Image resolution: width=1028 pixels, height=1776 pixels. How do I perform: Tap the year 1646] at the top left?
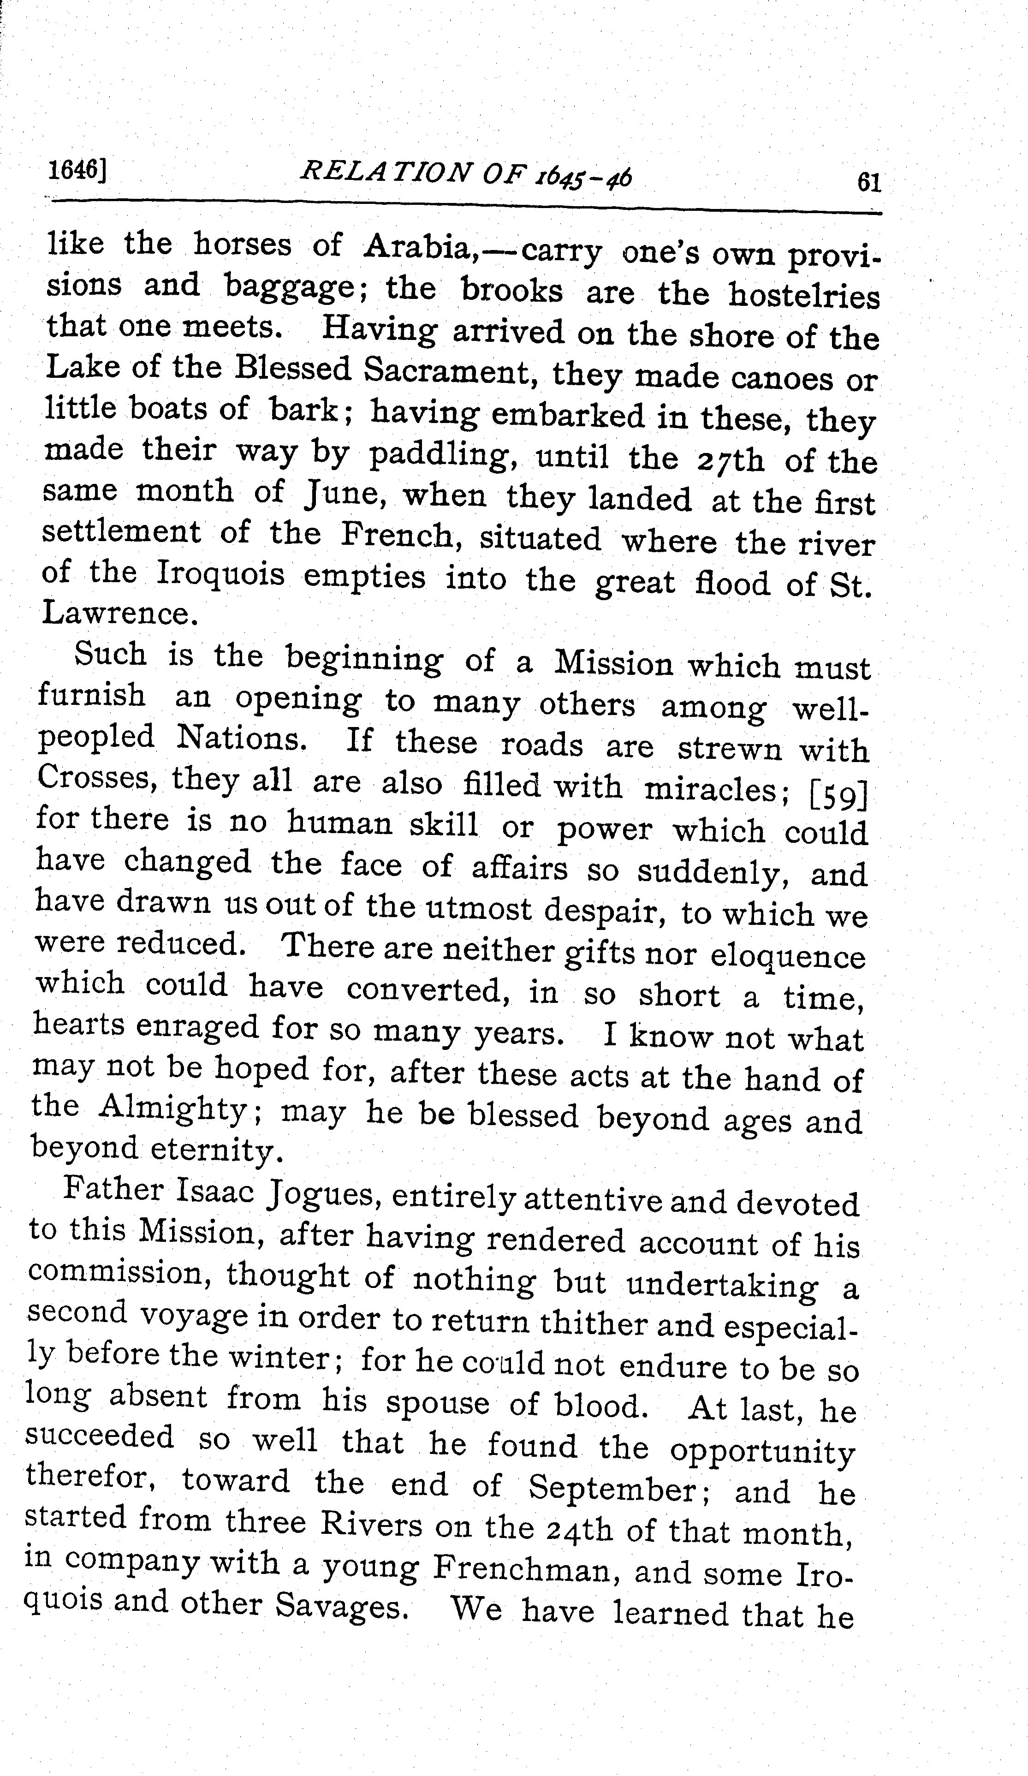(x=77, y=171)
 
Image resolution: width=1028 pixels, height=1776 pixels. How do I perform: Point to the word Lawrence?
(x=116, y=614)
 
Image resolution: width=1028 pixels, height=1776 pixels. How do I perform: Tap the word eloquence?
(x=787, y=956)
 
